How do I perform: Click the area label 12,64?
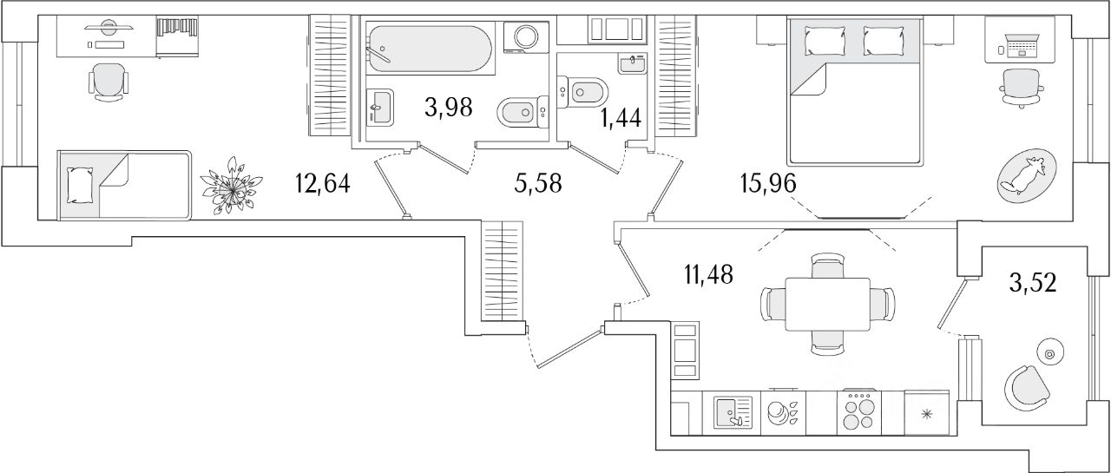click(x=323, y=184)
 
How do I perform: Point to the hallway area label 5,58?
click(x=536, y=184)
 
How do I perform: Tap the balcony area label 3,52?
click(x=1033, y=284)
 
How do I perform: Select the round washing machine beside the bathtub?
click(x=526, y=37)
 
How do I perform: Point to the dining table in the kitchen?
click(x=827, y=304)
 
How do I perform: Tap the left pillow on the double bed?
click(x=820, y=39)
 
